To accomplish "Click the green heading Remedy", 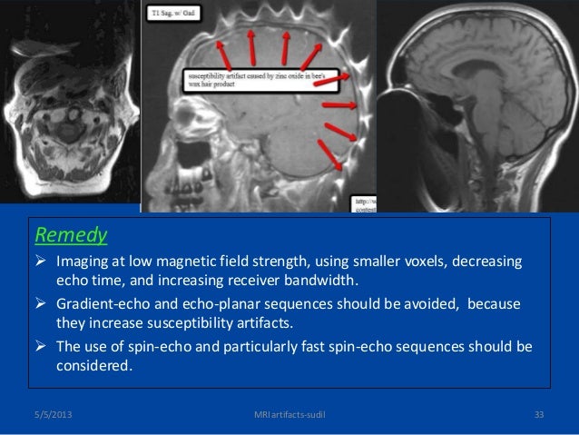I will click(71, 236).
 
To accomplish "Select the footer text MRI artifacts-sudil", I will click(289, 416).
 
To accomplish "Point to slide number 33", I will click(538, 416).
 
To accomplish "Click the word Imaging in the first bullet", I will click(83, 262).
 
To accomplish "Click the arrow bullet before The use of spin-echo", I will click(42, 347).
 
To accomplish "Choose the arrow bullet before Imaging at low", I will click(42, 262).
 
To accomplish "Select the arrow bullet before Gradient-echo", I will click(42, 304).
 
